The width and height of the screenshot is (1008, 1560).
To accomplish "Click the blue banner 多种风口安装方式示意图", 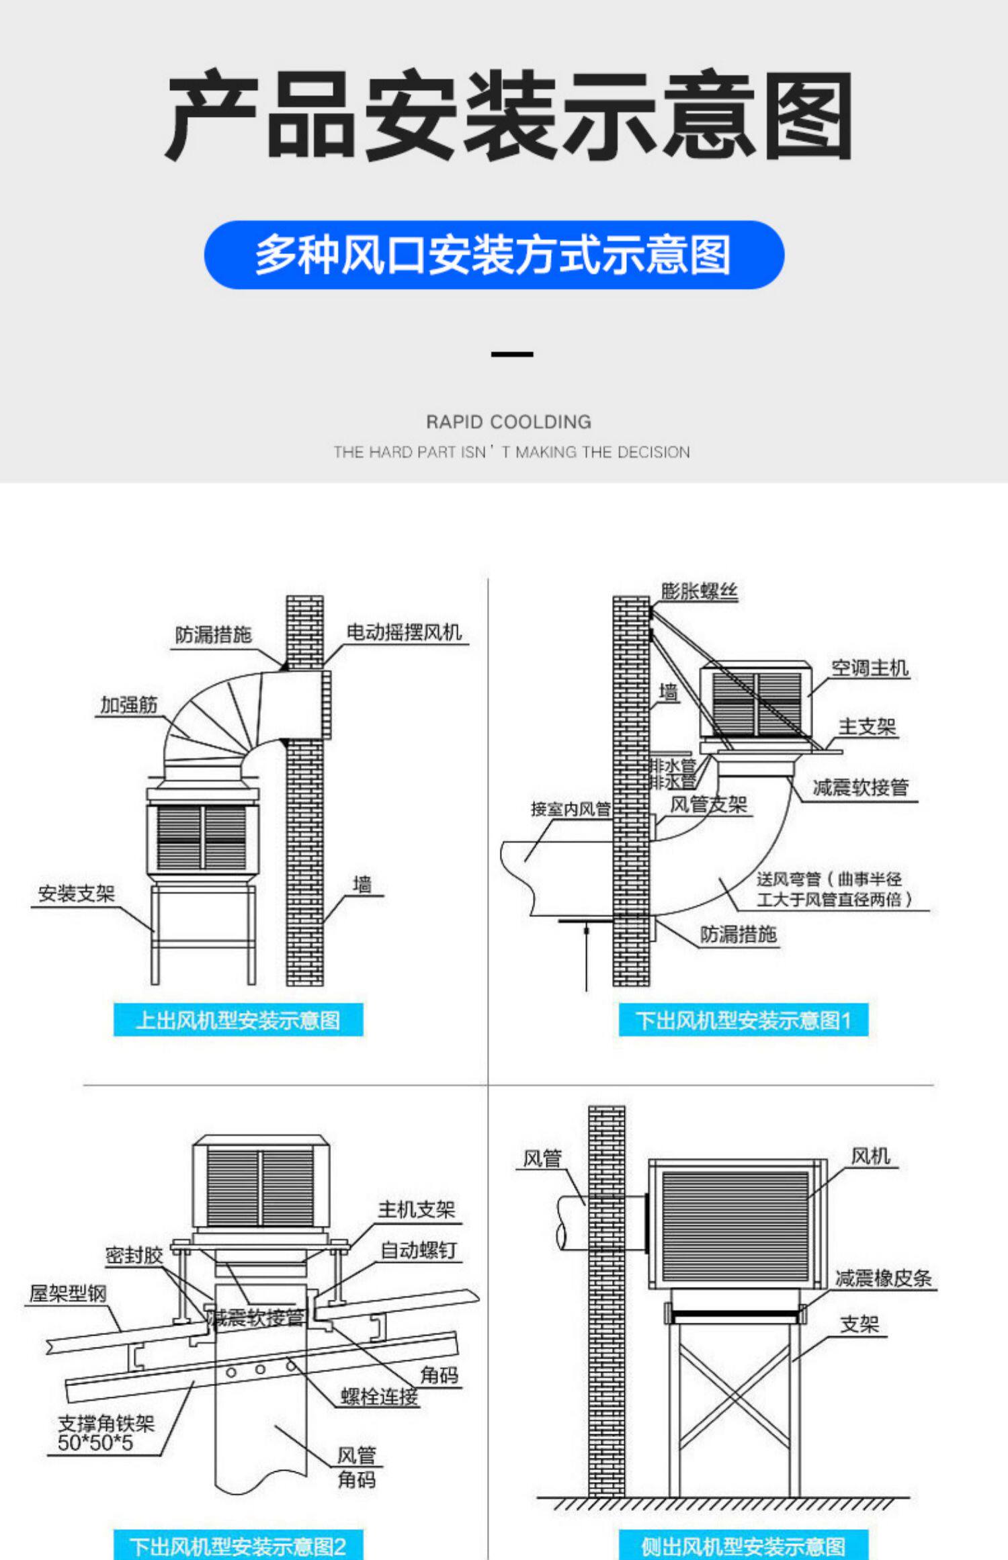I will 494,255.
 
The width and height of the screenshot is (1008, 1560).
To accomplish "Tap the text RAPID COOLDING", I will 509,422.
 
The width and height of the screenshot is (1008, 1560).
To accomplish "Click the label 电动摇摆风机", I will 404,632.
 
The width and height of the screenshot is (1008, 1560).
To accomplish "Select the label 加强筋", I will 129,705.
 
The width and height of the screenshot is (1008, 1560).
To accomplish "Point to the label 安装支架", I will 77,894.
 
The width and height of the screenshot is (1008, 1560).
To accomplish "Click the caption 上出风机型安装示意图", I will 238,1021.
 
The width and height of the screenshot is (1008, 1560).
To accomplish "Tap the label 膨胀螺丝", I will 700,591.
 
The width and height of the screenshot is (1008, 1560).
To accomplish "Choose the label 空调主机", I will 870,668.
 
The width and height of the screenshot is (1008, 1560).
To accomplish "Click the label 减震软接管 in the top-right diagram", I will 861,787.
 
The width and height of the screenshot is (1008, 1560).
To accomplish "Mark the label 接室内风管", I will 571,809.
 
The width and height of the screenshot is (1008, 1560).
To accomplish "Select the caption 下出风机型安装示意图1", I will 743,1021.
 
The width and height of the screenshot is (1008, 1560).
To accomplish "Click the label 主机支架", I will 417,1210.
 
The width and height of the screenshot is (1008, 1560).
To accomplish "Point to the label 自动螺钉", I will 419,1250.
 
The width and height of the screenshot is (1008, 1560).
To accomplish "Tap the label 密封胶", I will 134,1255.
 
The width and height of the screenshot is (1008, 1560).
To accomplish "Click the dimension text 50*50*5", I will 95,1442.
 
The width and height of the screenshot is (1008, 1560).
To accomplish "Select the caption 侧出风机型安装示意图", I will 743,1546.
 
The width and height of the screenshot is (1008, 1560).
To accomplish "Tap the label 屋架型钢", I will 68,1293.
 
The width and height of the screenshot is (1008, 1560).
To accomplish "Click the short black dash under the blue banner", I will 512,354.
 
